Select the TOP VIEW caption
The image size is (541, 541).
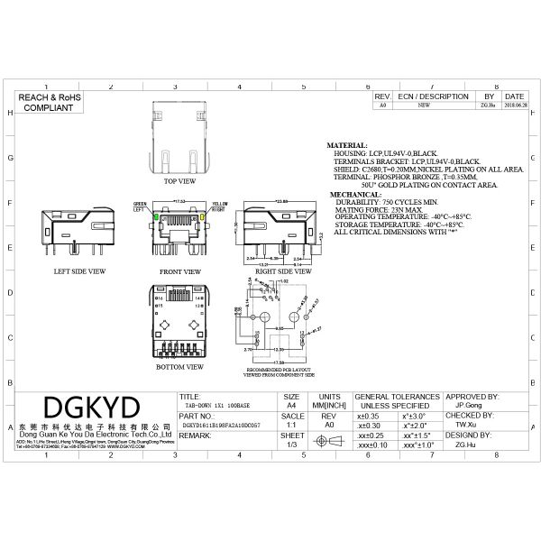point(180,180)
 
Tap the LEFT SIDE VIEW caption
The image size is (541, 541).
point(79,270)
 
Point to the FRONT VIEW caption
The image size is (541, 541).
point(179,270)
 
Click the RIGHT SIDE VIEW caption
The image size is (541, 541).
point(277,270)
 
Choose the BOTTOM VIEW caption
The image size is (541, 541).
point(179,368)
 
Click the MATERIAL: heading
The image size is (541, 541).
point(346,144)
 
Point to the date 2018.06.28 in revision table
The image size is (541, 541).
point(515,105)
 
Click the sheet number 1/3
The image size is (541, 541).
point(291,445)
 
